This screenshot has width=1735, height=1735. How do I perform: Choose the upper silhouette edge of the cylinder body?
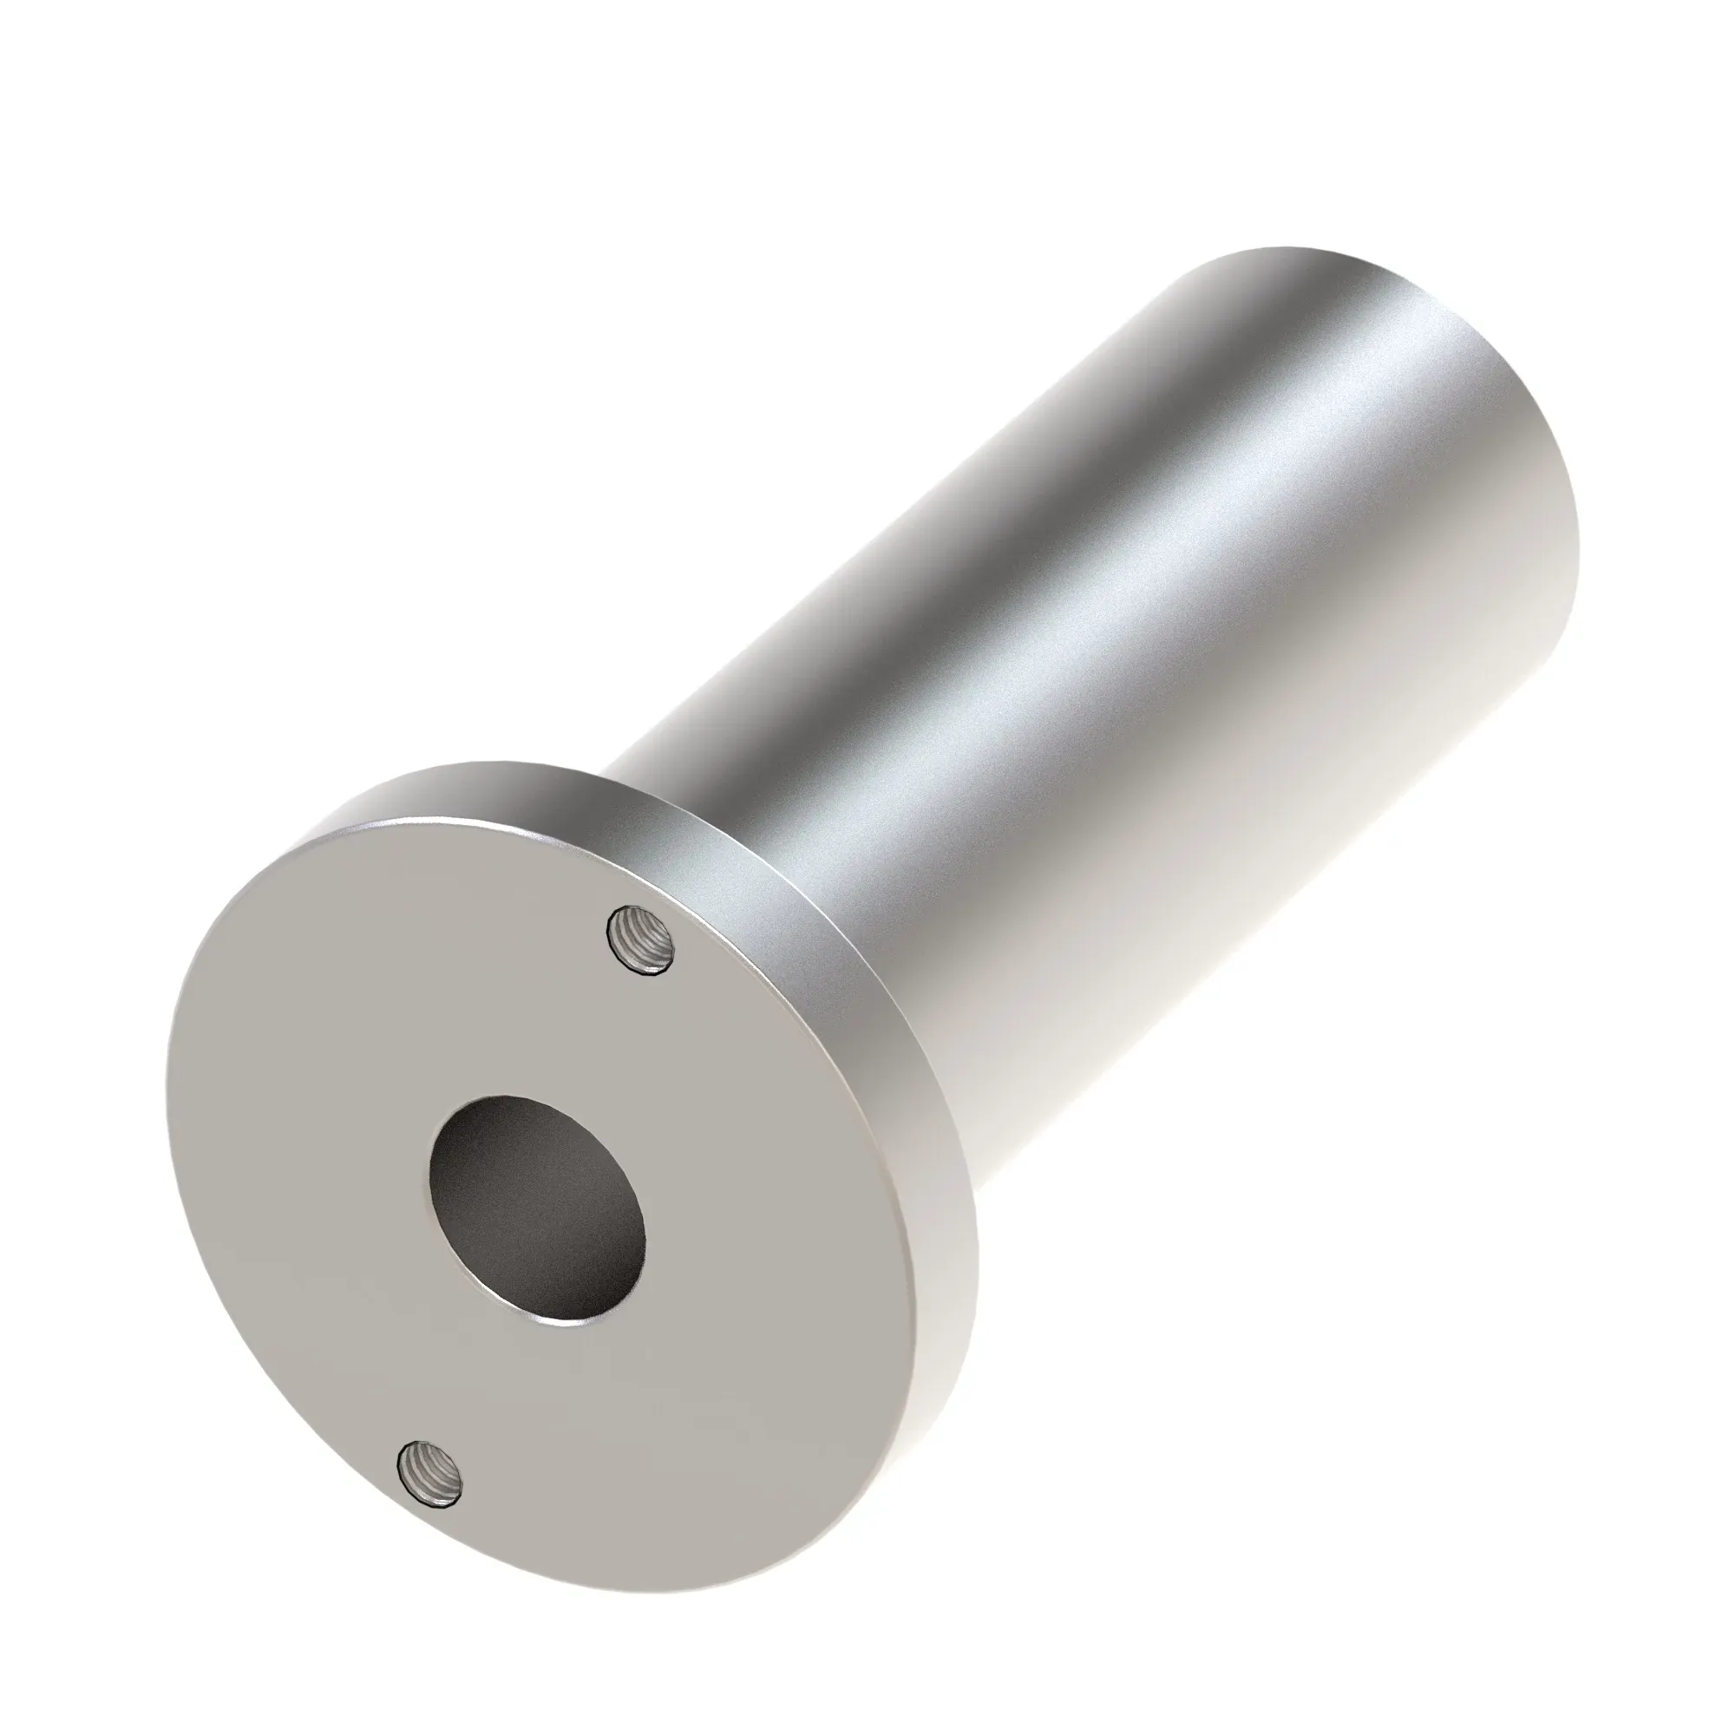(898, 503)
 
